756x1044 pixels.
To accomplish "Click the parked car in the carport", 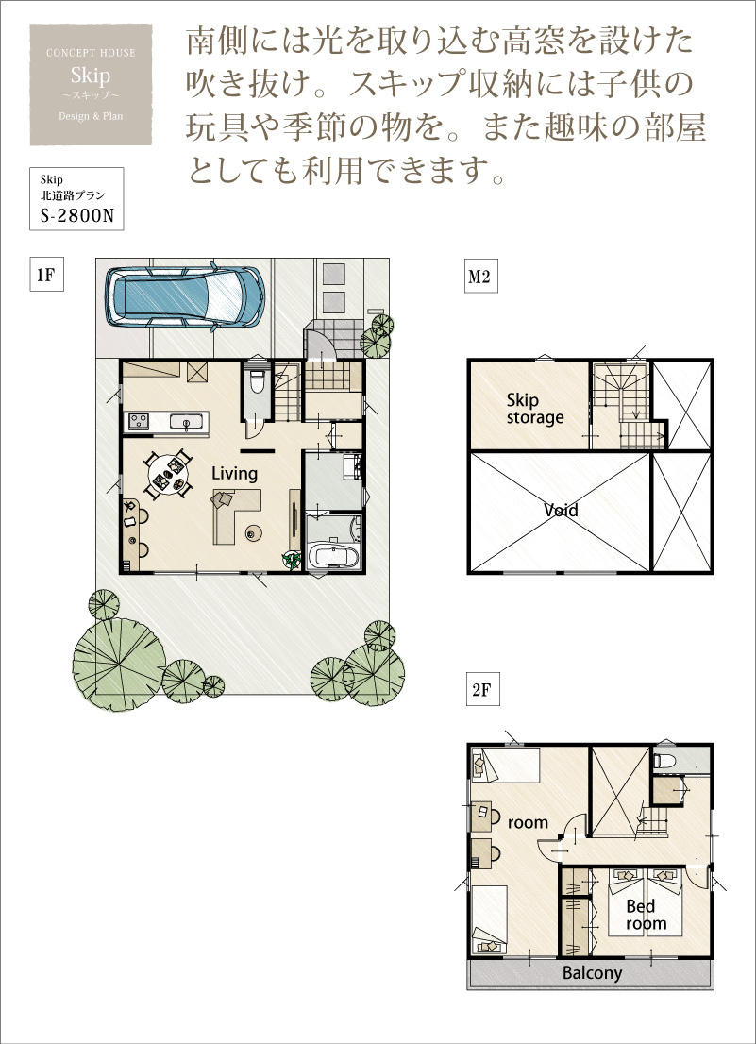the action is coord(184,296).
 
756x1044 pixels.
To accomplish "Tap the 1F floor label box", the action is coord(46,275).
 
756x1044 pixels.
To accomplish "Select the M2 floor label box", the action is coord(480,277).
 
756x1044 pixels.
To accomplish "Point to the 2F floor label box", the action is coord(481,689).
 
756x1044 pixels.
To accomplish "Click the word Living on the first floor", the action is coord(234,474).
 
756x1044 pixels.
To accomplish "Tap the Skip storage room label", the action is coord(534,409).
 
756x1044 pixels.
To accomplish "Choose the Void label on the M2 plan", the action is coord(561,510).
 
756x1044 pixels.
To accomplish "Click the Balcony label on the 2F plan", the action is coord(592,973).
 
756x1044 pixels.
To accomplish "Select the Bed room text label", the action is coord(646,915).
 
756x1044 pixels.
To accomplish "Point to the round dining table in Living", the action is coord(168,474).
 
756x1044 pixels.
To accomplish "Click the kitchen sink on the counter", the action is coord(186,421).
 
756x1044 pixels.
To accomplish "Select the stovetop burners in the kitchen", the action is coord(139,421).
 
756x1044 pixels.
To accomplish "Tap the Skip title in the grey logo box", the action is coord(91,76).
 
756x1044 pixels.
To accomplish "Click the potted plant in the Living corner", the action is coord(293,561).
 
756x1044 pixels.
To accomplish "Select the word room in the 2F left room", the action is coord(528,823).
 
